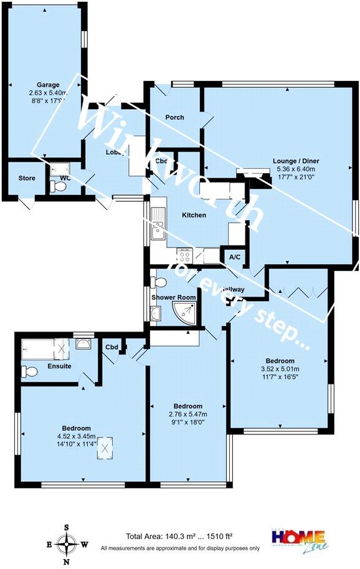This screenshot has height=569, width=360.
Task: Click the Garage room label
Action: (48, 85)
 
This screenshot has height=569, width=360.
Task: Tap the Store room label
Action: (18, 178)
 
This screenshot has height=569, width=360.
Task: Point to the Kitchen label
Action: (193, 215)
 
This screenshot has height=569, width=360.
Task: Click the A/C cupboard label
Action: (235, 257)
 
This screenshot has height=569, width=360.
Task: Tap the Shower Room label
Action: (173, 297)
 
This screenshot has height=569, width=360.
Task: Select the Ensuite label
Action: (59, 366)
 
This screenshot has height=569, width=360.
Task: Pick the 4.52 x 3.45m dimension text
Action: (77, 436)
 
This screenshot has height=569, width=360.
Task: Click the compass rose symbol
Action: (67, 544)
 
